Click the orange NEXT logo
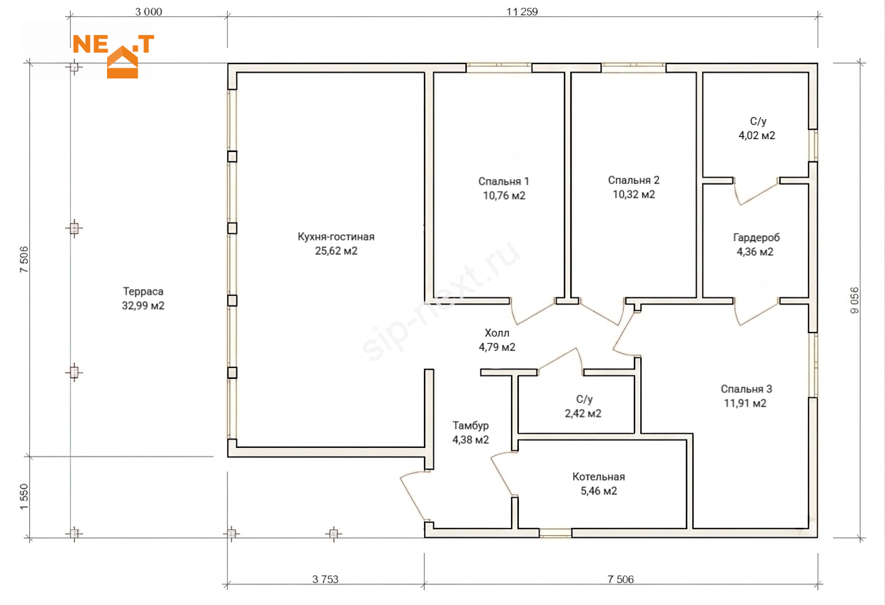[x=113, y=56]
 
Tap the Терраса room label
[x=143, y=292]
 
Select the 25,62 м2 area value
[x=336, y=250]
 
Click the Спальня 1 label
[x=504, y=181]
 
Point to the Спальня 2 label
[x=634, y=180]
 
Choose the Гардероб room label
[x=757, y=238]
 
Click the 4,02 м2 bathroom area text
[x=757, y=136]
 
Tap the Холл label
[x=497, y=332]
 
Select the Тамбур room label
[x=470, y=425]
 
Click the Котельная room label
[x=599, y=477]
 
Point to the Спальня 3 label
[x=747, y=389]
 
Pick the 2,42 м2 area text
[x=583, y=414]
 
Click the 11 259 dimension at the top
[x=522, y=12]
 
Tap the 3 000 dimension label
[x=148, y=12]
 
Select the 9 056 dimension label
[x=854, y=300]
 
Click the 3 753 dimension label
[x=325, y=579]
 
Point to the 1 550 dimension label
[x=24, y=497]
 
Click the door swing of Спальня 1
[x=532, y=312]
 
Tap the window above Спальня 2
[x=634, y=68]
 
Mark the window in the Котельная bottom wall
[x=555, y=533]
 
